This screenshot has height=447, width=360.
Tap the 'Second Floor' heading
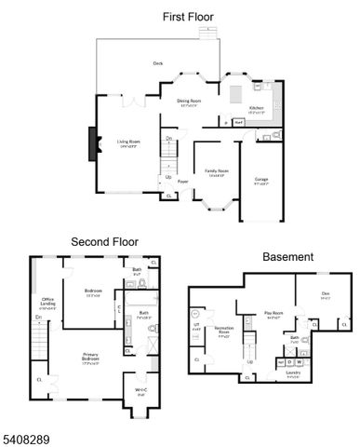(x=105, y=242)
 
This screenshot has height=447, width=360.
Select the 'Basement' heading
(x=287, y=256)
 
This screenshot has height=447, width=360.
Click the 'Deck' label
(x=158, y=63)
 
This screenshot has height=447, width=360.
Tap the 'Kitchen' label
(x=256, y=108)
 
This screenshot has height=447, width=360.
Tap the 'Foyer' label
(x=183, y=182)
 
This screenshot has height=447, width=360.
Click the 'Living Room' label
(x=128, y=142)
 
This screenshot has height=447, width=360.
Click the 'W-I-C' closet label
(x=140, y=390)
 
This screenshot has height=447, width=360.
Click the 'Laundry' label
(x=292, y=376)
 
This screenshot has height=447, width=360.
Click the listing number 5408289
(x=22, y=435)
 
